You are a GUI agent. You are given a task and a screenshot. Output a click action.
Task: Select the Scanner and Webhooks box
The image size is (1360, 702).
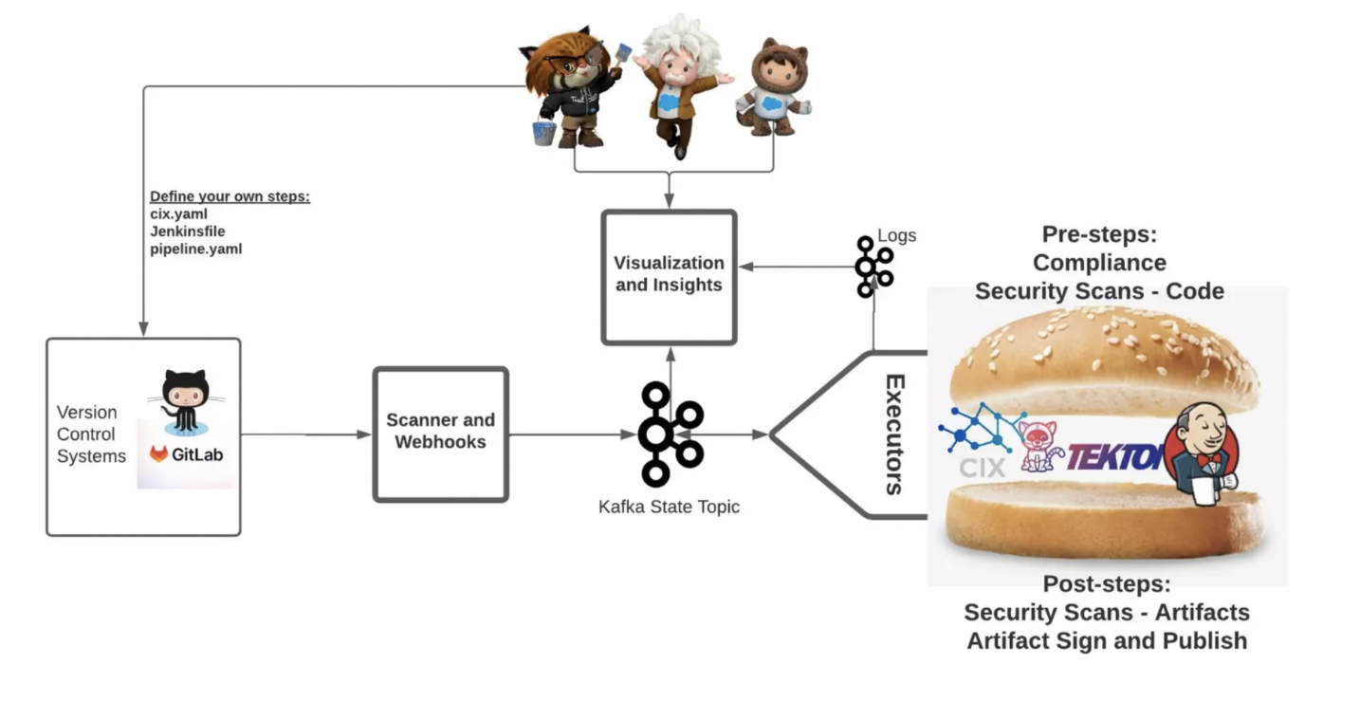(x=440, y=432)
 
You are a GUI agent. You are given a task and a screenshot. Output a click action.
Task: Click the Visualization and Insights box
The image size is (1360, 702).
(x=669, y=274)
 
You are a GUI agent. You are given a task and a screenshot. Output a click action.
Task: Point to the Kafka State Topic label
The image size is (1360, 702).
(x=669, y=507)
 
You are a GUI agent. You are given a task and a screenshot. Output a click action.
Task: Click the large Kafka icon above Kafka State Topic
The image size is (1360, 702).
(x=669, y=434)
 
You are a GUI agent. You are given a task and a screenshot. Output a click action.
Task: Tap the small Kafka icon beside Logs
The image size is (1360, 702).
(x=873, y=267)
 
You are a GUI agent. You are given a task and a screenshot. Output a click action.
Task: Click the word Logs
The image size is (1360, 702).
(x=896, y=235)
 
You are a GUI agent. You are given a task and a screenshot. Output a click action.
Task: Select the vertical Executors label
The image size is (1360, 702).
(x=893, y=434)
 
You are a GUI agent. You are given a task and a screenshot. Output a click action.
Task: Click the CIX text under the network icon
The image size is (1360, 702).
(x=982, y=467)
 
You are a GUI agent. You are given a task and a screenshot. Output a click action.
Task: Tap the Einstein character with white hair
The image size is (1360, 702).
(x=677, y=81)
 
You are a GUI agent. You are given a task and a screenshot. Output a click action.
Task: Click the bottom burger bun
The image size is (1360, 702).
(x=1106, y=522)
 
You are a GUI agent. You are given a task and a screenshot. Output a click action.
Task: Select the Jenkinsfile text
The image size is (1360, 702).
(x=188, y=231)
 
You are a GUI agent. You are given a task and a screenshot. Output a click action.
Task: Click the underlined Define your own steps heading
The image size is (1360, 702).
(x=230, y=197)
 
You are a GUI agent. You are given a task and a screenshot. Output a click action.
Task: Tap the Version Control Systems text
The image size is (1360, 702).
(x=91, y=434)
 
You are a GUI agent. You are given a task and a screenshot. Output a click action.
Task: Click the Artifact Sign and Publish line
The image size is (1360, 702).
(x=1106, y=641)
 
